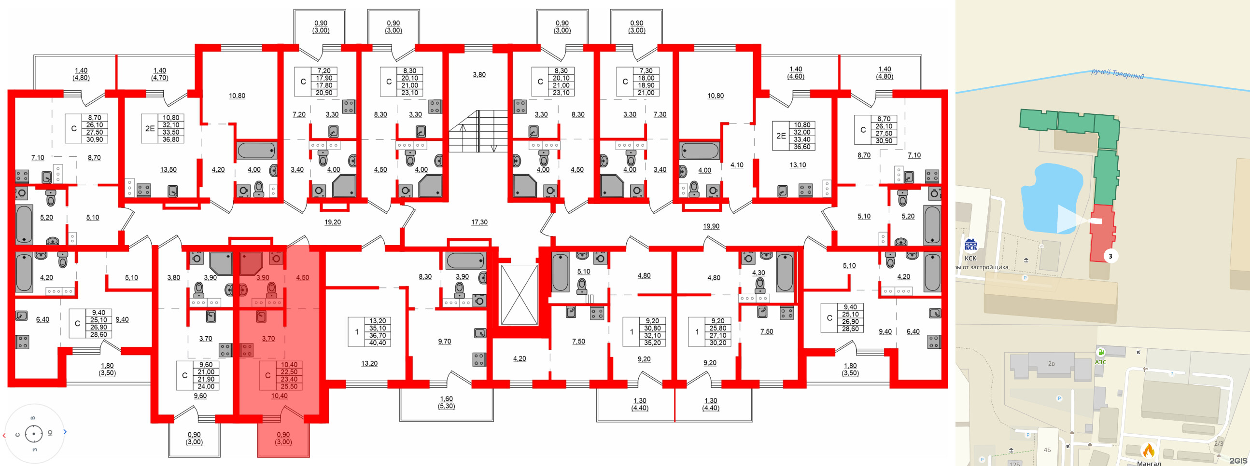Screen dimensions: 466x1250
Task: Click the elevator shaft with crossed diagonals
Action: (519, 294)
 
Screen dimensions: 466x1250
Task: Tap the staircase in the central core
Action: (478, 131)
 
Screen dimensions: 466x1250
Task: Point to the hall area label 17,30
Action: (479, 222)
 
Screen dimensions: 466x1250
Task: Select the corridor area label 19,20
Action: (332, 222)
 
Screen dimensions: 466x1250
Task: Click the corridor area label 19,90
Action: (711, 226)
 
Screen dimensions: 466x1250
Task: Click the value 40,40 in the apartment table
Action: (378, 343)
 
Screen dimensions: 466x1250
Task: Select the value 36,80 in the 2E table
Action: (171, 139)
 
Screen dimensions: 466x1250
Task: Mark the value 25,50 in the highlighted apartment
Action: (289, 386)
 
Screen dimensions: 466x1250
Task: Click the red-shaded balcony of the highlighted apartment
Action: (283, 439)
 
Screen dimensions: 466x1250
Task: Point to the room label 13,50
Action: (169, 170)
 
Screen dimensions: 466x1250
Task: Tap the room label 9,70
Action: (445, 342)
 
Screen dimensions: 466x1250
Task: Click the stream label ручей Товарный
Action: (1117, 74)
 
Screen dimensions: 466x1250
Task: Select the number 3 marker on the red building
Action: (1110, 256)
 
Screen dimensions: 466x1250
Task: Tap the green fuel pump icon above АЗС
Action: (1101, 352)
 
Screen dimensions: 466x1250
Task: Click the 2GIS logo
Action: (1238, 460)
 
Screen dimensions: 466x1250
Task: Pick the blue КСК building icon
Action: (970, 245)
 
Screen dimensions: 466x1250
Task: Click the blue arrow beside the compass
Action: (65, 432)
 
